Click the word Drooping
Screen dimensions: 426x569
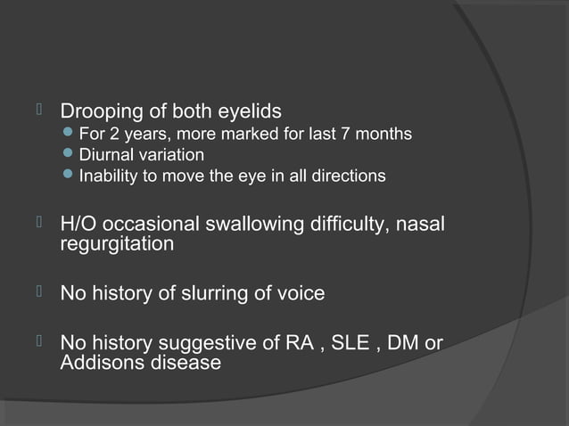pos(98,112)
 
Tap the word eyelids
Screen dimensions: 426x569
pos(251,112)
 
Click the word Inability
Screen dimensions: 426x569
pos(108,176)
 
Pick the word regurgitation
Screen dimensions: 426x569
pos(116,243)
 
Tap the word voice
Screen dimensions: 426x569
pos(300,292)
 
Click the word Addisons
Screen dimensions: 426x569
pos(101,363)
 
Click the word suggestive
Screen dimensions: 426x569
pos(209,343)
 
